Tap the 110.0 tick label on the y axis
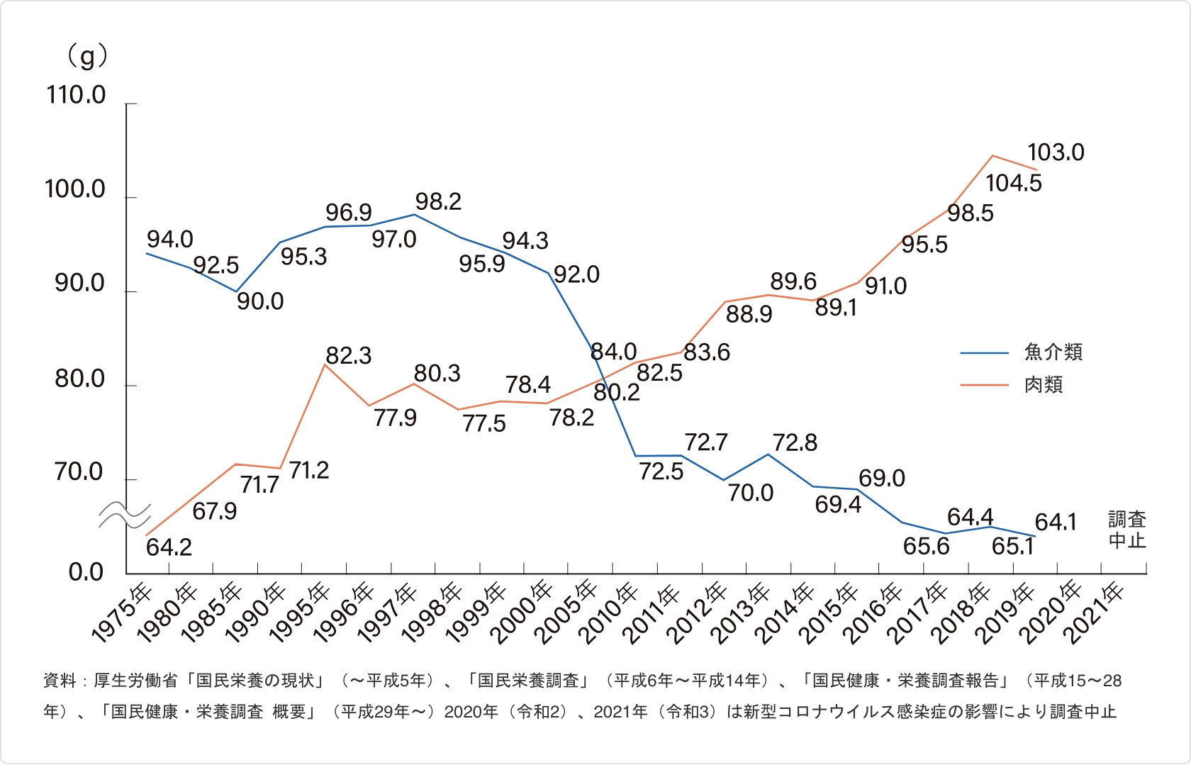76,95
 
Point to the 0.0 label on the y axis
86,572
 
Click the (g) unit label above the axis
86,56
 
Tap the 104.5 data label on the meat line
1013,184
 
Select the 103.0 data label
1056,152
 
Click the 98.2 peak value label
438,202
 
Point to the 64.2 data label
169,547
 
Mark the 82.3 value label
348,355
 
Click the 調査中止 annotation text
1126,530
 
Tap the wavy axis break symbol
125,515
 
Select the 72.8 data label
795,443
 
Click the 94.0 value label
169,240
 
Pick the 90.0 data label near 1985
260,301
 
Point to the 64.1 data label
1056,523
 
